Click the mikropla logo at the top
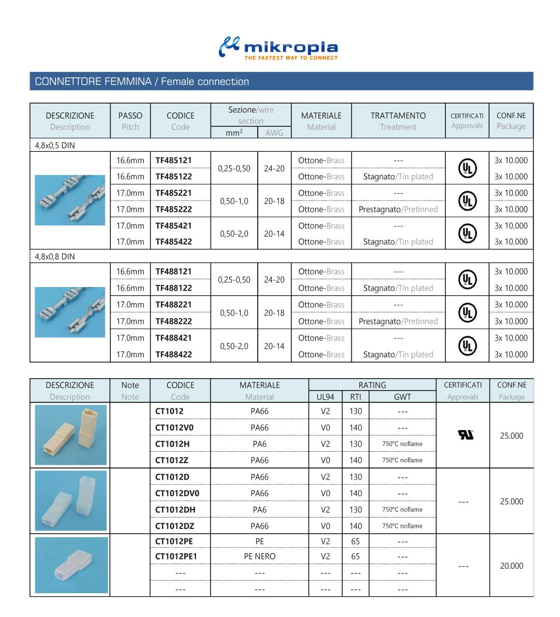click(278, 47)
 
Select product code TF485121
click(174, 160)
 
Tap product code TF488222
click(174, 321)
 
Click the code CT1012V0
click(174, 427)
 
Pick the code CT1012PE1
click(176, 556)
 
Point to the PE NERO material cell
click(260, 556)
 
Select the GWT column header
click(402, 397)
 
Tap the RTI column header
click(355, 397)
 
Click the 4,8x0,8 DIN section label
click(54, 256)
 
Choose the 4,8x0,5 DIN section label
click(54, 146)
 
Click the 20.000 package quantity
click(511, 566)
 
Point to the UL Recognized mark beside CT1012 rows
click(466, 435)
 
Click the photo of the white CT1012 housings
click(71, 435)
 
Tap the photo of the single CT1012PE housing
click(71, 565)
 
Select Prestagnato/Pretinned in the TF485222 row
click(398, 209)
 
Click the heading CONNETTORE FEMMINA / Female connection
click(142, 81)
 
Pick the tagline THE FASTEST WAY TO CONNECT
click(291, 58)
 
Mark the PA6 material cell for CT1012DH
click(260, 509)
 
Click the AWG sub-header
click(274, 133)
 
